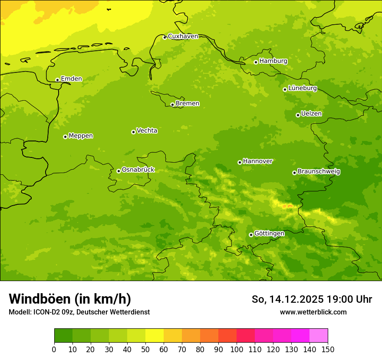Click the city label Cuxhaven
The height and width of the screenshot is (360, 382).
[183, 36]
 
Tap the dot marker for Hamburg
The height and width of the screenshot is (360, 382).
[256, 62]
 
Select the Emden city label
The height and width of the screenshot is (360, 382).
[71, 79]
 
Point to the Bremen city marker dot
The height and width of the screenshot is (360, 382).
[172, 105]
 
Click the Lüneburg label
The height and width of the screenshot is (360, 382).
[302, 88]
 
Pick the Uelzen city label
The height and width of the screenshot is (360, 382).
[311, 114]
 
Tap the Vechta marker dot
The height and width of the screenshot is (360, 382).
[133, 132]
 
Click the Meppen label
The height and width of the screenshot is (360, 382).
[81, 136]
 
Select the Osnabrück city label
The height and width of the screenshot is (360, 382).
[138, 170]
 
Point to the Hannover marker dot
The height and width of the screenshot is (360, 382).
[240, 162]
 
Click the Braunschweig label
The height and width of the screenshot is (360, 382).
[319, 171]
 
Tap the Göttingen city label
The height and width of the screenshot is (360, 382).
[269, 233]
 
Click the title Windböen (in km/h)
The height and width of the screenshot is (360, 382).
[70, 299]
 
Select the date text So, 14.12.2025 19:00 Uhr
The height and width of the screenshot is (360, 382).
[312, 299]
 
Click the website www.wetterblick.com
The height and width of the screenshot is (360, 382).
[313, 312]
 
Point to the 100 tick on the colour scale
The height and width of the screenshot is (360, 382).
[237, 349]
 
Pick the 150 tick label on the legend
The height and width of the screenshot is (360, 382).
[327, 349]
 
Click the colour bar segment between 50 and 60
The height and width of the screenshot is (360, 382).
[155, 335]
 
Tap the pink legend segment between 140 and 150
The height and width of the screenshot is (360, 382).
[319, 335]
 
